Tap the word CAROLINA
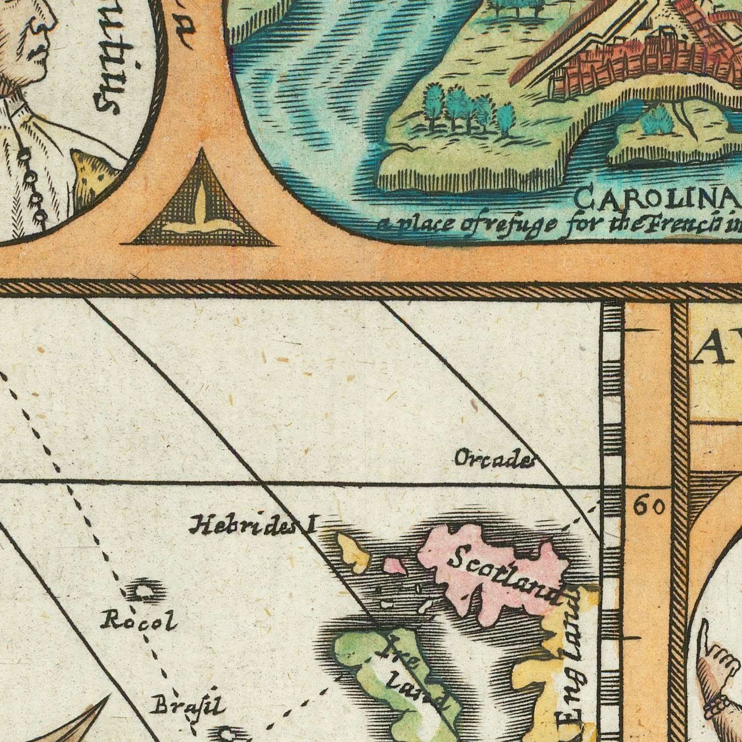[x=658, y=200]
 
